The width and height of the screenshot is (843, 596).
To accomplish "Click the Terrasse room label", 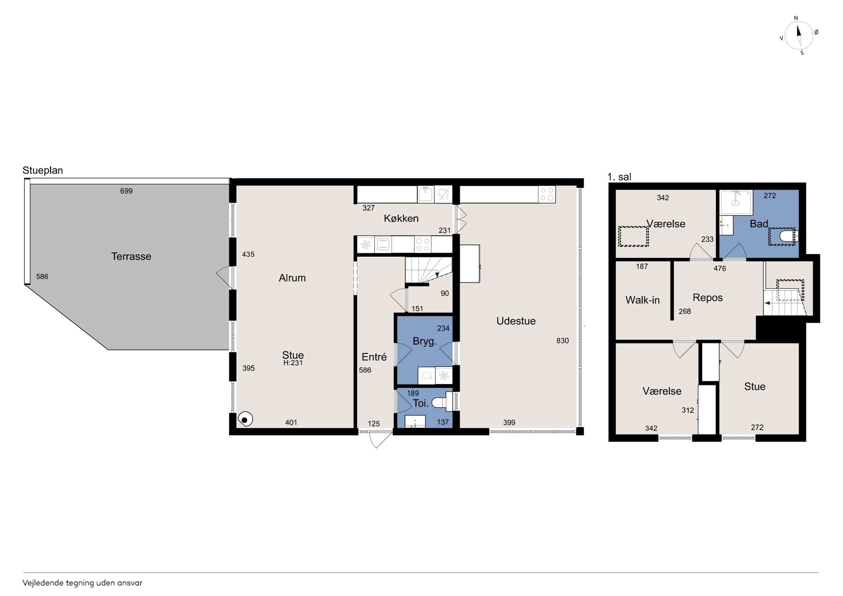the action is tap(131, 256).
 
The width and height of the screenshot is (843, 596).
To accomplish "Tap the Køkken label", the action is tap(401, 219).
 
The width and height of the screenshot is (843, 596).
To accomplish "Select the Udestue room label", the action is tap(516, 321).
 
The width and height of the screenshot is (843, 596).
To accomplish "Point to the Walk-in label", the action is tap(643, 300).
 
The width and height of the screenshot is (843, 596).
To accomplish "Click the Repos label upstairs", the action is tap(707, 298).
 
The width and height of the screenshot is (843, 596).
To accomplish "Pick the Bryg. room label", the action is tap(424, 341).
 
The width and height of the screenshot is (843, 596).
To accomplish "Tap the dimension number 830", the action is tap(563, 341).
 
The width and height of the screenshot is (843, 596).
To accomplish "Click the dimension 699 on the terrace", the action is tap(126, 191).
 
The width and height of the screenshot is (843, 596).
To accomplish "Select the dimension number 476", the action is tap(720, 268).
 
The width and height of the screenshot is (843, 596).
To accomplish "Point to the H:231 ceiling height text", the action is tap(293, 363).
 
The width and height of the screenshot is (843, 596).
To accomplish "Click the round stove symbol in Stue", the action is tap(245, 419).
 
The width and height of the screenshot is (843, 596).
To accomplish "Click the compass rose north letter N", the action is tap(796, 18).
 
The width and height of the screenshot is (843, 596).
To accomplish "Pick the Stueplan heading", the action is tap(42, 170).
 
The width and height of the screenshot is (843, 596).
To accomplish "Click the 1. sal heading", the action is tap(619, 177).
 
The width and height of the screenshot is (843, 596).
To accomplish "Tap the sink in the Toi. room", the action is tap(415, 422).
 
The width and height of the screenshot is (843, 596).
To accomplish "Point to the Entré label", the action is tap(374, 357).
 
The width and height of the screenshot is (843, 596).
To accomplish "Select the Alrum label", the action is tap(292, 278).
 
